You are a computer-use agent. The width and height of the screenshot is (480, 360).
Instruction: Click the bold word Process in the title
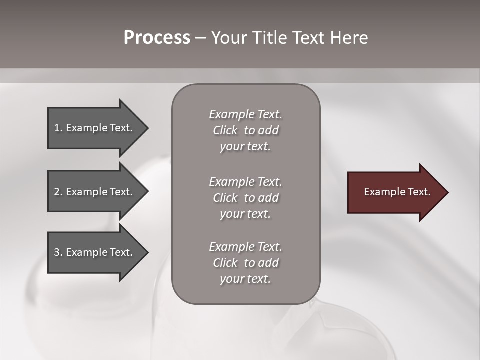point(157,38)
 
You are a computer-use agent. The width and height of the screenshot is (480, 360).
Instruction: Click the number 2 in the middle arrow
point(57,192)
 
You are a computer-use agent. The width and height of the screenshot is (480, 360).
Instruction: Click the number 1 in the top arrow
point(57,128)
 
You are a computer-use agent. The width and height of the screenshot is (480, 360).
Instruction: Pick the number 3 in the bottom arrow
point(57,252)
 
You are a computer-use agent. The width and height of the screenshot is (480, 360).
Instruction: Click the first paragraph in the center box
point(245,130)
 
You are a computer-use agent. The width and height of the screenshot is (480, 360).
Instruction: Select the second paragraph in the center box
point(245,198)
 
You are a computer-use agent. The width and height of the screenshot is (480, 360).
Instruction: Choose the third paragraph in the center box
point(245,263)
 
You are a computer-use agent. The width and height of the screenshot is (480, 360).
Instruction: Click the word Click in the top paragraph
point(225,130)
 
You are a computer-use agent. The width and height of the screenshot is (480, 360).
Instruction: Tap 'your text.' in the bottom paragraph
point(245,279)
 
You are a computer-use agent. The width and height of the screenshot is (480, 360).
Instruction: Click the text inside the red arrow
point(397,192)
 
